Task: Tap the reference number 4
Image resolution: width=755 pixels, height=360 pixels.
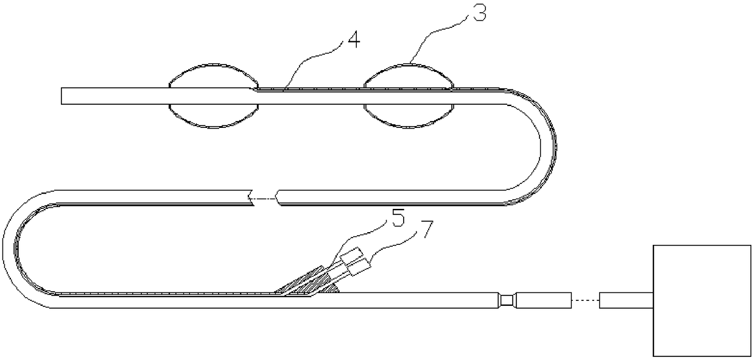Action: click(353, 41)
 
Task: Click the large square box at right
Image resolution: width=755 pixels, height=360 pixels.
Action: click(701, 301)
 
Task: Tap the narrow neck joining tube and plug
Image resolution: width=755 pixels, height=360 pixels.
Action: click(507, 300)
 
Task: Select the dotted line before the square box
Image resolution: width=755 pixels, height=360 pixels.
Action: click(586, 300)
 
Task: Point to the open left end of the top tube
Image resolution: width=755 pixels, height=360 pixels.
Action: click(63, 96)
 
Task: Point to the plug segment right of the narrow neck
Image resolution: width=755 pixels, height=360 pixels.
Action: click(544, 300)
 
